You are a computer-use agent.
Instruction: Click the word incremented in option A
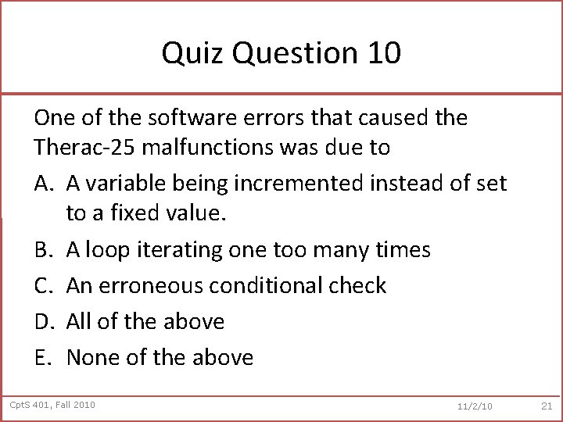point(292,184)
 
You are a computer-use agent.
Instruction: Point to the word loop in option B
point(106,249)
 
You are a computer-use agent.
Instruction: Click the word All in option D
point(80,321)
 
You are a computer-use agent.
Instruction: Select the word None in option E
point(93,357)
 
